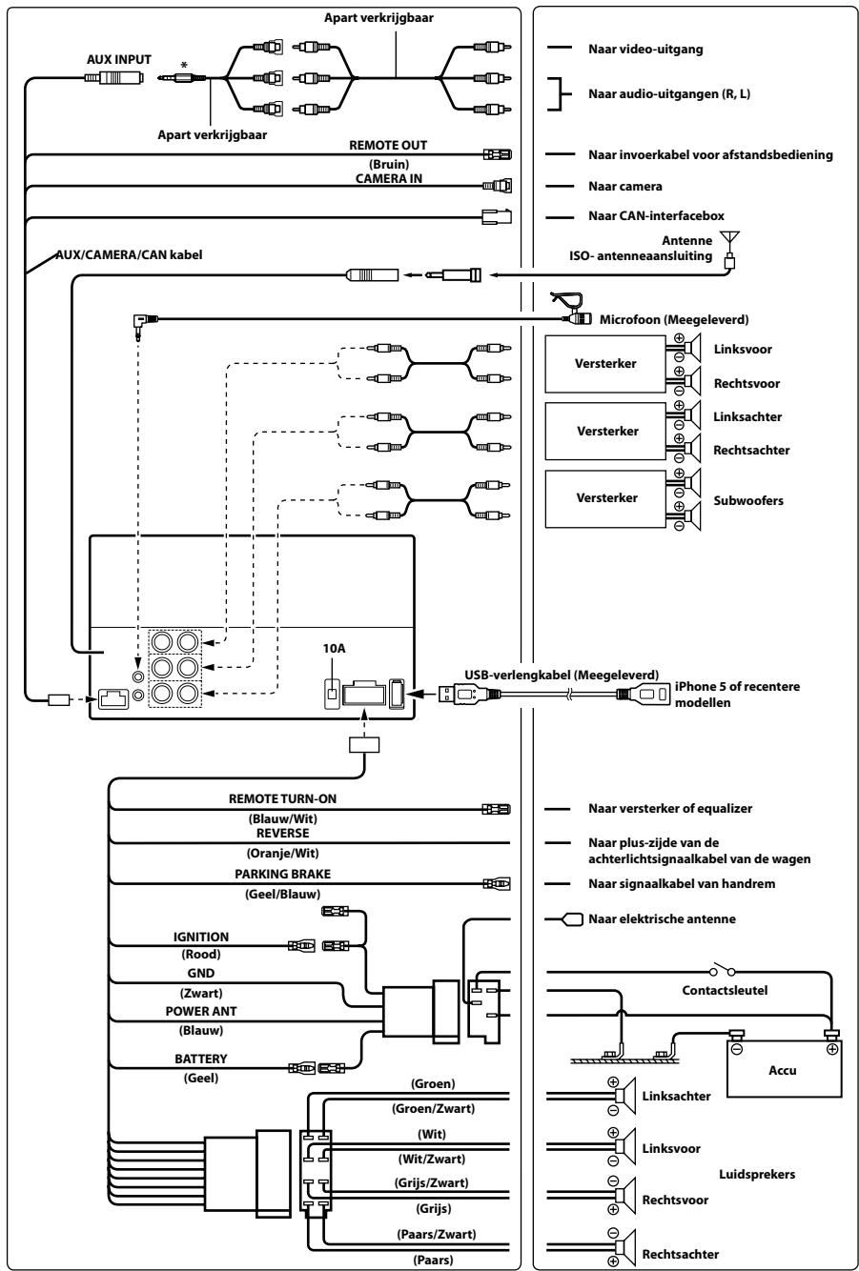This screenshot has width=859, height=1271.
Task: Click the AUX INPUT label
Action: pyautogui.click(x=118, y=60)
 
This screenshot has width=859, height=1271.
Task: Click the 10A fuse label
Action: pyautogui.click(x=334, y=648)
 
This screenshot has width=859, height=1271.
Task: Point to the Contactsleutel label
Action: pyautogui.click(x=725, y=990)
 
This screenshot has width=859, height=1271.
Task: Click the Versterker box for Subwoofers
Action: pyautogui.click(x=605, y=498)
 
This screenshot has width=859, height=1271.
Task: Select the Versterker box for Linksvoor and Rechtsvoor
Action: pyautogui.click(x=605, y=364)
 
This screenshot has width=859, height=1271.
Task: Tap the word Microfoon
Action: pyautogui.click(x=630, y=319)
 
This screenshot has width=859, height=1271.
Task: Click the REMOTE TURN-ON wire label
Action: pyautogui.click(x=283, y=799)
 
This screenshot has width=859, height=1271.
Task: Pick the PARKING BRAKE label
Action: pyautogui.click(x=283, y=874)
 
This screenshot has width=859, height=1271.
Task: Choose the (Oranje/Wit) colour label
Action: pyautogui.click(x=283, y=853)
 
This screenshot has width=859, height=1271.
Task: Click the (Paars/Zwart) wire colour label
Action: pyautogui.click(x=437, y=1234)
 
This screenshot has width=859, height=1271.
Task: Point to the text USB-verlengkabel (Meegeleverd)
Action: pyautogui.click(x=562, y=675)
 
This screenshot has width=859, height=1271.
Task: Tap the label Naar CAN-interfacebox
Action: pyautogui.click(x=656, y=215)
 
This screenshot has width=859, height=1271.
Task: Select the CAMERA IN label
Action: pyautogui.click(x=389, y=179)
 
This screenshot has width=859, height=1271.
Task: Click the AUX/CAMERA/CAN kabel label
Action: pyautogui.click(x=129, y=254)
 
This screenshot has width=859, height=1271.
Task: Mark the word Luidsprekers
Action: pyautogui.click(x=757, y=1174)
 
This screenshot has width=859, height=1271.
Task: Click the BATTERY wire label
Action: pyautogui.click(x=201, y=1059)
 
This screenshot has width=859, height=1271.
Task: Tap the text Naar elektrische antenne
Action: pyautogui.click(x=662, y=918)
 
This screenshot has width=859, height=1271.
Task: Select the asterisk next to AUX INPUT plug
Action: pyautogui.click(x=183, y=65)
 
